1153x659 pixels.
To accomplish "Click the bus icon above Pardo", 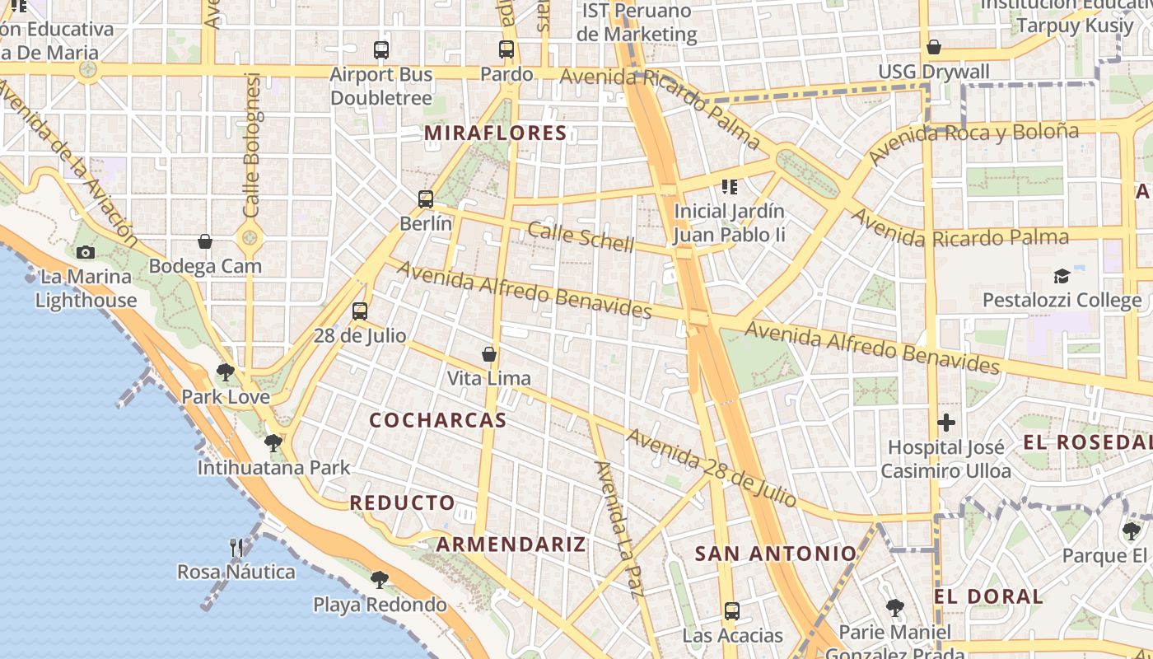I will (506, 49).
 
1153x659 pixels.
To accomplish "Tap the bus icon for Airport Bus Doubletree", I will (381, 49).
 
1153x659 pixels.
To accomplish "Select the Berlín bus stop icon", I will (426, 199).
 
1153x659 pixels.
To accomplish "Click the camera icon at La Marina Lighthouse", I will (86, 252).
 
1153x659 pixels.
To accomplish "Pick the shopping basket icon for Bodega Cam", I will (205, 241).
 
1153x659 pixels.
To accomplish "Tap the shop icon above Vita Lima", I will (489, 354).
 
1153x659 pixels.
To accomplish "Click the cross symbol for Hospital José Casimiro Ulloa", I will (946, 423).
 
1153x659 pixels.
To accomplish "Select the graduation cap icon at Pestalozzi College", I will (1062, 276).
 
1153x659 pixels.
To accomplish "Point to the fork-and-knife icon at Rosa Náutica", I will (236, 547).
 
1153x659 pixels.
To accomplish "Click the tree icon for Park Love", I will (226, 372).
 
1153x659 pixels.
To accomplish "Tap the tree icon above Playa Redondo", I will (380, 580).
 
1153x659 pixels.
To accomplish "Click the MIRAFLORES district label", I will (496, 133).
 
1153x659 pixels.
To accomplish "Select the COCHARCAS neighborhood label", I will (437, 420).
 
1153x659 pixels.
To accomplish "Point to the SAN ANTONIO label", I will (776, 554).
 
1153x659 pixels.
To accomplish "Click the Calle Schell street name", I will (581, 236).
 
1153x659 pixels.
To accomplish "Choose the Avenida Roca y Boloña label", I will (973, 143).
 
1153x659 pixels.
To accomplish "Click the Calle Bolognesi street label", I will (252, 145).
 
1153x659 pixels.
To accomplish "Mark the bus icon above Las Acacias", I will (732, 611).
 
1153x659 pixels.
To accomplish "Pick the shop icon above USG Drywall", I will (934, 48).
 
